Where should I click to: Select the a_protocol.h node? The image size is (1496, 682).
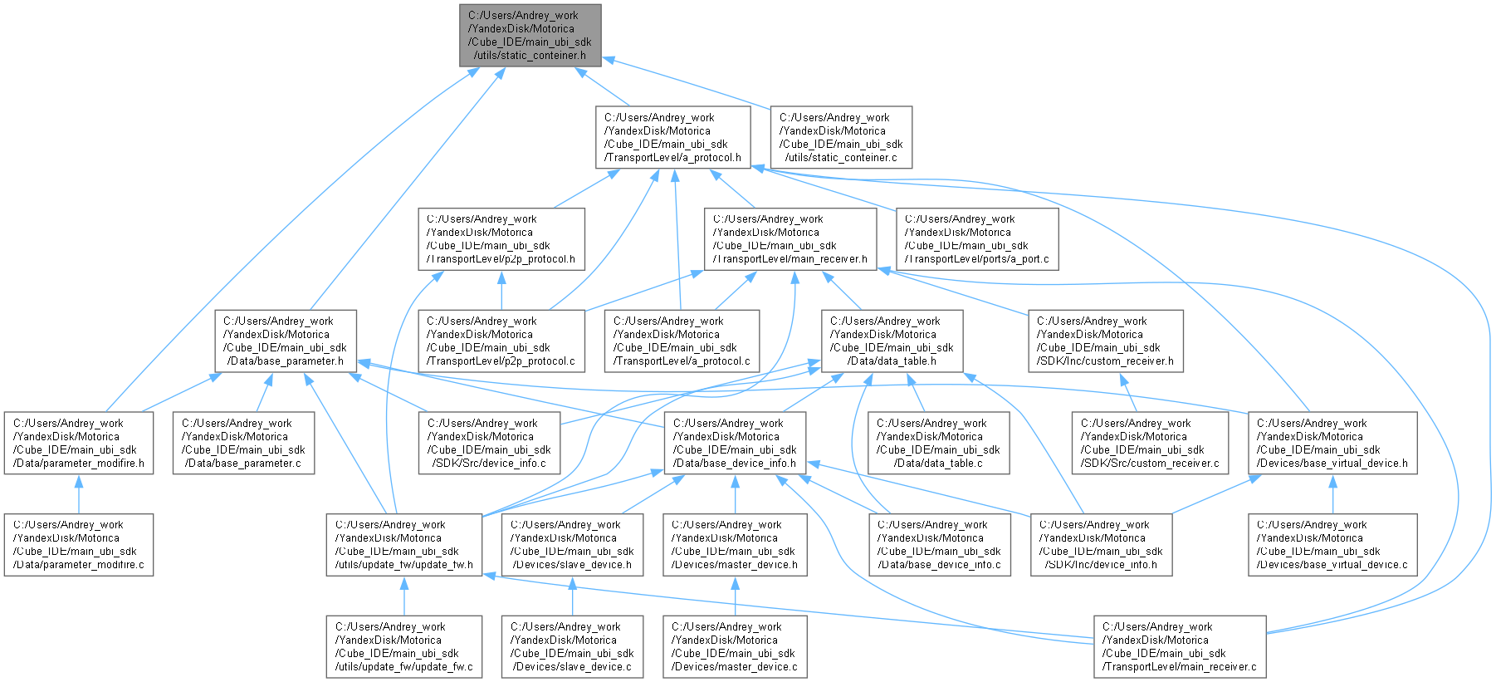click(x=672, y=137)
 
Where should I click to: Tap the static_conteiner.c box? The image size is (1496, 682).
click(x=841, y=137)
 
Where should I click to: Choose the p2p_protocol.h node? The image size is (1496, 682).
click(x=501, y=239)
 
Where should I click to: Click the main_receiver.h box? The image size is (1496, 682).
click(x=790, y=239)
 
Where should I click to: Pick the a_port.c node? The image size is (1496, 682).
click(x=977, y=239)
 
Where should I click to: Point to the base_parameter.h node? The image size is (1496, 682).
click(x=286, y=341)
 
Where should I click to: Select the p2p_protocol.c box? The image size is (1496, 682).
click(x=501, y=341)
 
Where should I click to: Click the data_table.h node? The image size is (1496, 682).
click(x=892, y=341)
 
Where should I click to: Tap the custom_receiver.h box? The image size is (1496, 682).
click(x=1105, y=341)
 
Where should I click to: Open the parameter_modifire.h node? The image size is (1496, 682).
click(x=78, y=443)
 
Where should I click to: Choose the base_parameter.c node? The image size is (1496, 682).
click(x=243, y=443)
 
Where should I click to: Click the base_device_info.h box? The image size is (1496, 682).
click(x=734, y=443)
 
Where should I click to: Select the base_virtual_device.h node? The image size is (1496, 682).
click(x=1332, y=443)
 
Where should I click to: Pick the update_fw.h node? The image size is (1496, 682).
click(x=403, y=544)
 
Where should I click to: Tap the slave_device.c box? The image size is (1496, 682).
click(x=572, y=646)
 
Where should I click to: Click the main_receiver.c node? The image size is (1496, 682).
click(x=1179, y=646)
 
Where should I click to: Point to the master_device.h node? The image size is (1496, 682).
click(x=734, y=544)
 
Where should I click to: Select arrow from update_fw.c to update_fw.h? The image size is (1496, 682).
click(x=403, y=596)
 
